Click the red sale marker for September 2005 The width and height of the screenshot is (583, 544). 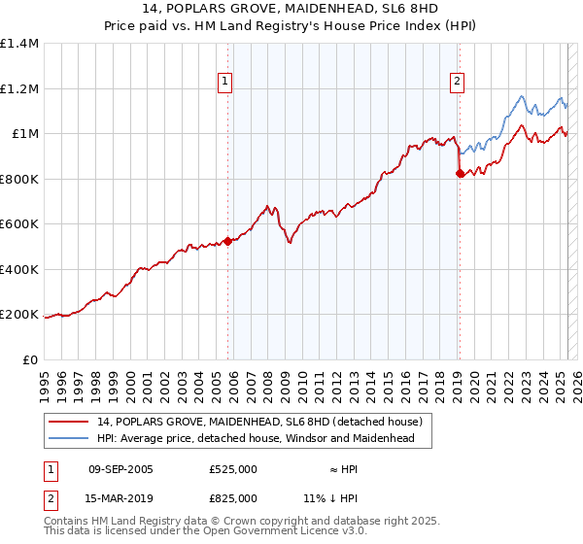click(228, 241)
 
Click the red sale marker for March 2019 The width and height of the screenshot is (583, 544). click(460, 174)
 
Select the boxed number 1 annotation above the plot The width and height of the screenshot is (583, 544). click(224, 82)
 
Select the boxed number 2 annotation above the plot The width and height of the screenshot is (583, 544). click(456, 82)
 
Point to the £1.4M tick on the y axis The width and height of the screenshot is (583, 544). click(19, 44)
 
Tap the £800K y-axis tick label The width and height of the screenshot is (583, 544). click(19, 179)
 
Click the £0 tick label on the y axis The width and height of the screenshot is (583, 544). click(30, 359)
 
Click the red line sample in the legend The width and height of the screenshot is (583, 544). click(70, 423)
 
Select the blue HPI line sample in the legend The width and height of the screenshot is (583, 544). click(70, 439)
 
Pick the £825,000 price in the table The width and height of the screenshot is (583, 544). click(232, 498)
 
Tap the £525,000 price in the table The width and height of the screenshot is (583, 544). click(232, 469)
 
